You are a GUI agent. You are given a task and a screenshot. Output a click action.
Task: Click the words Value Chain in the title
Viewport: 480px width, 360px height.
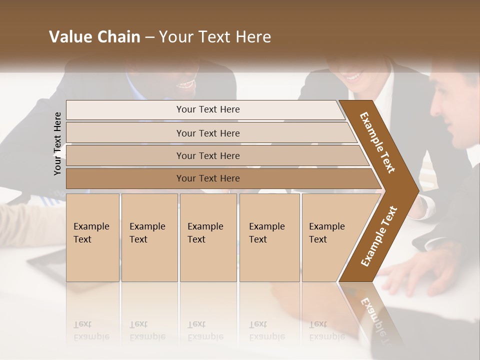pyautogui.click(x=94, y=37)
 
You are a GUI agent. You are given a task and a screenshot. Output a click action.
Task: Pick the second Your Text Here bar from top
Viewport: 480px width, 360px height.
pyautogui.click(x=207, y=133)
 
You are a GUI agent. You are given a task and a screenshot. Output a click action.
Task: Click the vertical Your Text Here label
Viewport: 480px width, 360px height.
pyautogui.click(x=57, y=143)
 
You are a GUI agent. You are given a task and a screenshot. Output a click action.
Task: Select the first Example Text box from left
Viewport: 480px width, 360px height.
pyautogui.click(x=92, y=237)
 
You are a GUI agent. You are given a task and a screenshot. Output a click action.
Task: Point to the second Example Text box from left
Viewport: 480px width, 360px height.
pyautogui.click(x=149, y=237)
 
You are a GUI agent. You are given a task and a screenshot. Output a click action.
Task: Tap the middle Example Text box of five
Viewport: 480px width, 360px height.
pyautogui.click(x=207, y=237)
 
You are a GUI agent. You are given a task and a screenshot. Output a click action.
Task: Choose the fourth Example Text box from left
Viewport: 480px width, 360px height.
pyautogui.click(x=269, y=237)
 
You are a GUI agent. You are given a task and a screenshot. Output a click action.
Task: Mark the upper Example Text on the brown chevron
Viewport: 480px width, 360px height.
pyautogui.click(x=377, y=142)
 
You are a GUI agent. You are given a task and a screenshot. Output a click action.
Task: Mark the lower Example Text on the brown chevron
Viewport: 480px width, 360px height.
pyautogui.click(x=379, y=236)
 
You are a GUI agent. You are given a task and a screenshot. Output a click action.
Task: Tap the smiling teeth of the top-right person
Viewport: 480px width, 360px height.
pyautogui.click(x=354, y=77)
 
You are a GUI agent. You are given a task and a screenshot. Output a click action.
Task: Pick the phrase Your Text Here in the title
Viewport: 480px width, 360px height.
pyautogui.click(x=215, y=37)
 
